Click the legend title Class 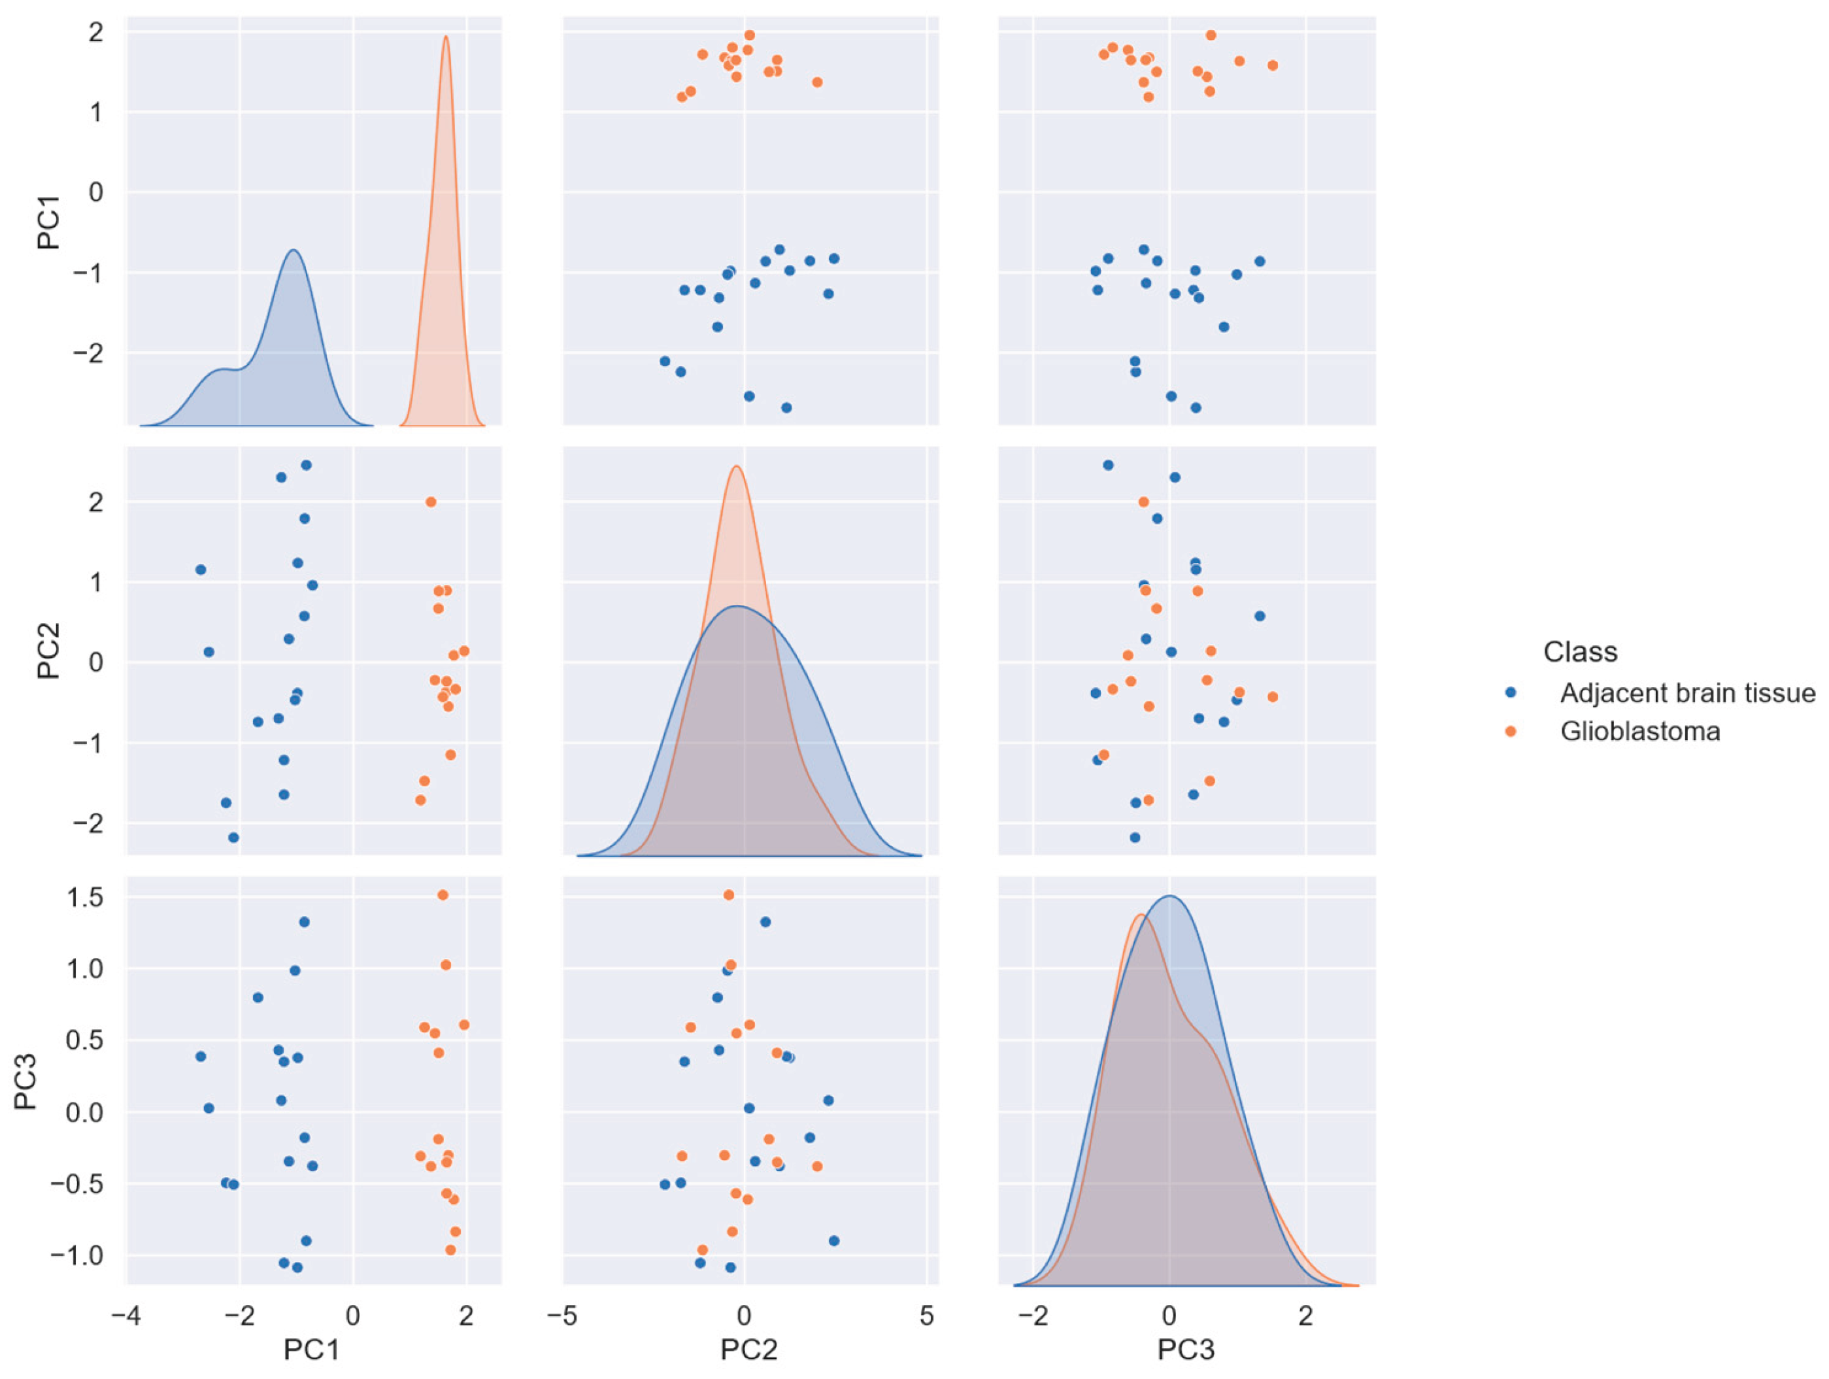pos(1580,652)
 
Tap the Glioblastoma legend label pos(1639,731)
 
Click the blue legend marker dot pos(1511,692)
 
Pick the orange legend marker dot pos(1511,731)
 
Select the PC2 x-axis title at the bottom pos(748,1350)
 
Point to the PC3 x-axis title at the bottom pos(1186,1350)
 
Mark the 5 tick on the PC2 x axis pos(927,1316)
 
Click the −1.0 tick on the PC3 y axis pos(77,1255)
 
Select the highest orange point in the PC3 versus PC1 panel pos(443,895)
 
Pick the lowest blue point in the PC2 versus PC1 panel pos(233,837)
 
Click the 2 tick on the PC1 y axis pos(96,31)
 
